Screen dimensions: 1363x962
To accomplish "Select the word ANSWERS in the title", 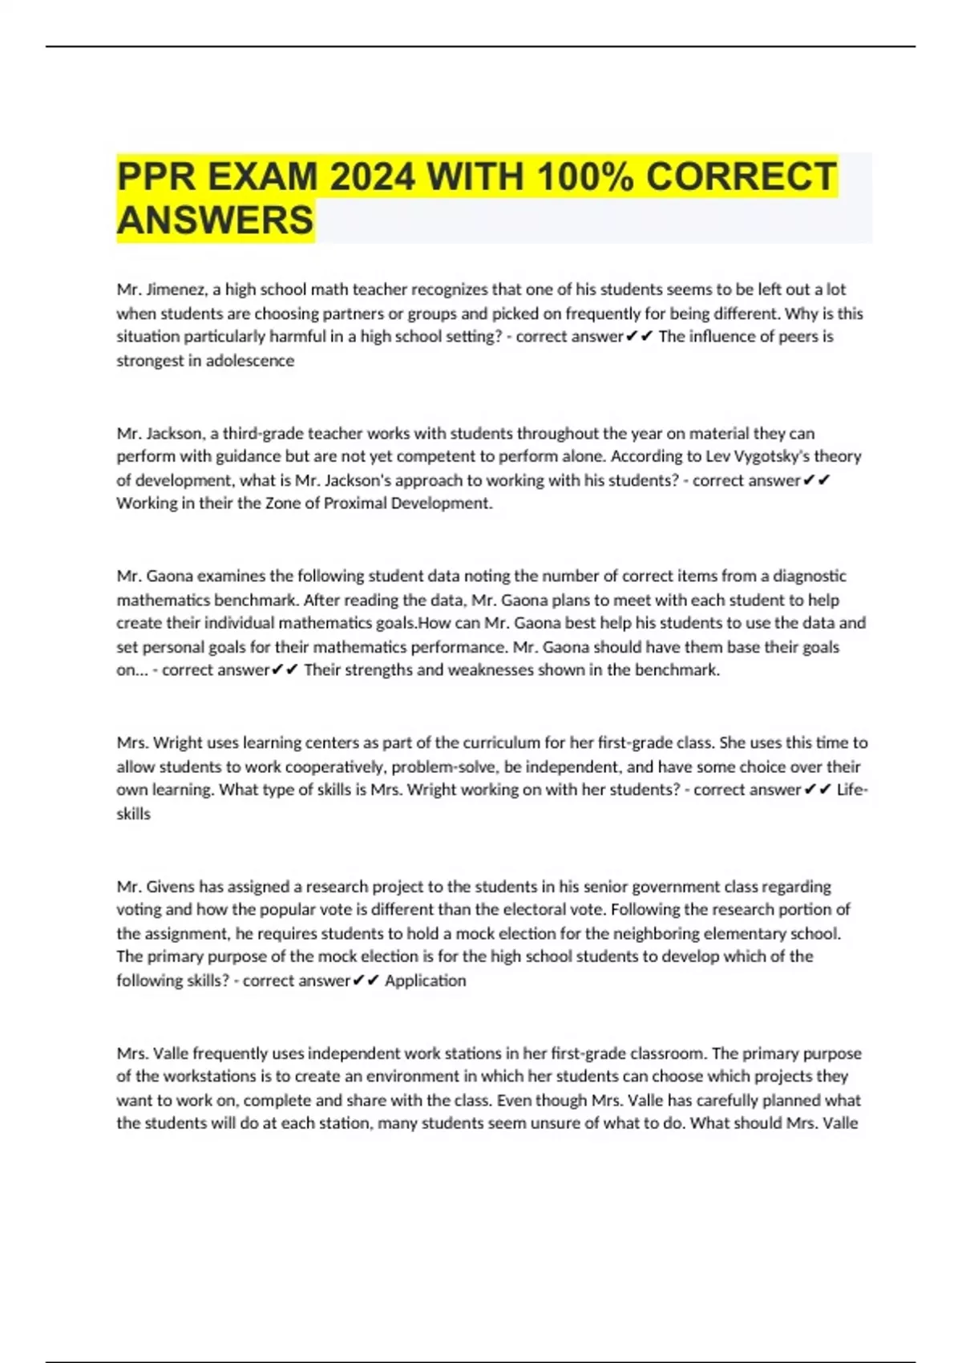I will (x=215, y=220).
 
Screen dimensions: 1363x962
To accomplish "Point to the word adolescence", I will (x=250, y=361).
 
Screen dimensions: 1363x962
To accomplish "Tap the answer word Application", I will (x=425, y=981).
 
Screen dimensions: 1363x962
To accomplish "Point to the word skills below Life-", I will (x=133, y=814).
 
